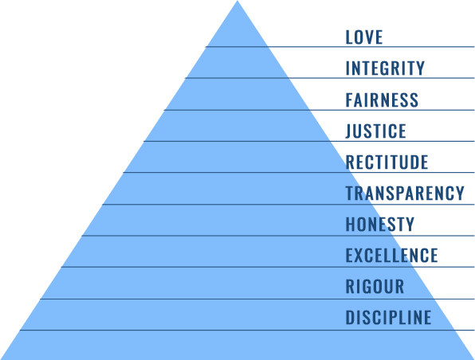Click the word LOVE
pyautogui.click(x=364, y=37)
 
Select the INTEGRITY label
pyautogui.click(x=385, y=68)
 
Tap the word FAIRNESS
pyautogui.click(x=382, y=100)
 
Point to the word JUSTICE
pyautogui.click(x=375, y=131)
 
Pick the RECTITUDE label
pyautogui.click(x=387, y=162)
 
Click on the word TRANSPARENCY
pyautogui.click(x=405, y=194)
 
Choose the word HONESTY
pyautogui.click(x=380, y=225)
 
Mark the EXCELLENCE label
pyautogui.click(x=391, y=256)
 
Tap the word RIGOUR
pyautogui.click(x=375, y=287)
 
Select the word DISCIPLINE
pyautogui.click(x=388, y=318)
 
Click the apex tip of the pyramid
pyautogui.click(x=237, y=1)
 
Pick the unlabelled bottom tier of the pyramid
pyautogui.click(x=237, y=345)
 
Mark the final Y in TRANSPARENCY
pyautogui.click(x=460, y=194)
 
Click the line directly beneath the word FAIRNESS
pyautogui.click(x=320, y=110)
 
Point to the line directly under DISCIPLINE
pyautogui.click(x=247, y=331)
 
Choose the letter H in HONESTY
pyautogui.click(x=350, y=225)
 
